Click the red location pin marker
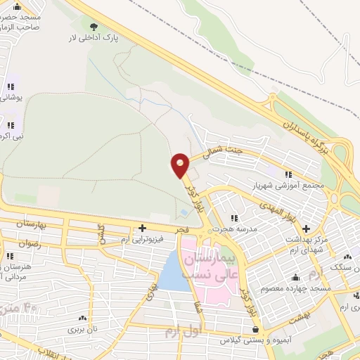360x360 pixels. pos(180,165)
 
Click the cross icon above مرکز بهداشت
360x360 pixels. pos(306,228)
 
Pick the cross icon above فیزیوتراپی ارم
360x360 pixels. pos(142,228)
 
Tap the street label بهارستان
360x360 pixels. pos(30,224)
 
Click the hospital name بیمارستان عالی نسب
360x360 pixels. pos(212,266)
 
